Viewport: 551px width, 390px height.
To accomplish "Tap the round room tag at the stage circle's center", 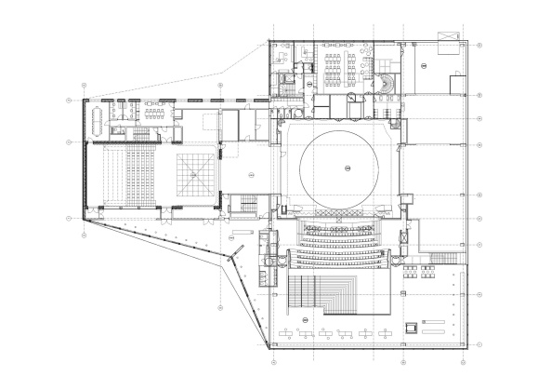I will coord(344,168).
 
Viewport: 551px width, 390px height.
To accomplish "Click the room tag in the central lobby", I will coord(251,174).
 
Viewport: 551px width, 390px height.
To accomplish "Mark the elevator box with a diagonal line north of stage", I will coord(350,97).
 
